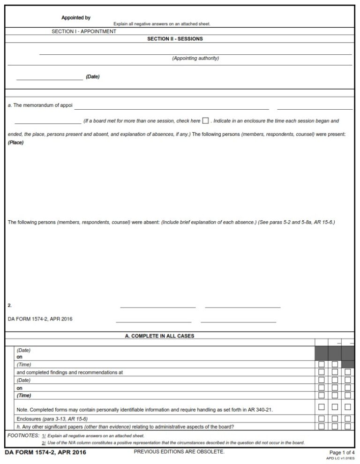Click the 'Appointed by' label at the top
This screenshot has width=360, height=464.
76,18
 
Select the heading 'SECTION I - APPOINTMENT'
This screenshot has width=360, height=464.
84,31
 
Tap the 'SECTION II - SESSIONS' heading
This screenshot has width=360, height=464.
175,39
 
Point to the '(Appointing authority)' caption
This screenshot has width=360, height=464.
195,59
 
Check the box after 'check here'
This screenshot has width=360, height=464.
205,121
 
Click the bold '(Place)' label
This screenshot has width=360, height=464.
15,142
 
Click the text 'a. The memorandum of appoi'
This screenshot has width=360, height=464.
40,105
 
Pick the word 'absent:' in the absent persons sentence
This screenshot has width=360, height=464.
151,222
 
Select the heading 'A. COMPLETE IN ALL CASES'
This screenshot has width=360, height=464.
159,336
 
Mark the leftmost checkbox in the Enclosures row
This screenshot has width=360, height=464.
321,419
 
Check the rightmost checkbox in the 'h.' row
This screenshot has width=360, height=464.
348,427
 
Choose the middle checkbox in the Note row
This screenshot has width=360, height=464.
335,407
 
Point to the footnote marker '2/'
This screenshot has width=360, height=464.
44,443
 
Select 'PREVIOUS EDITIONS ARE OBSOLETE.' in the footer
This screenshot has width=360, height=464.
179,452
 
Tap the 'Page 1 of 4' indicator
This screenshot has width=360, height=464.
342,452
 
